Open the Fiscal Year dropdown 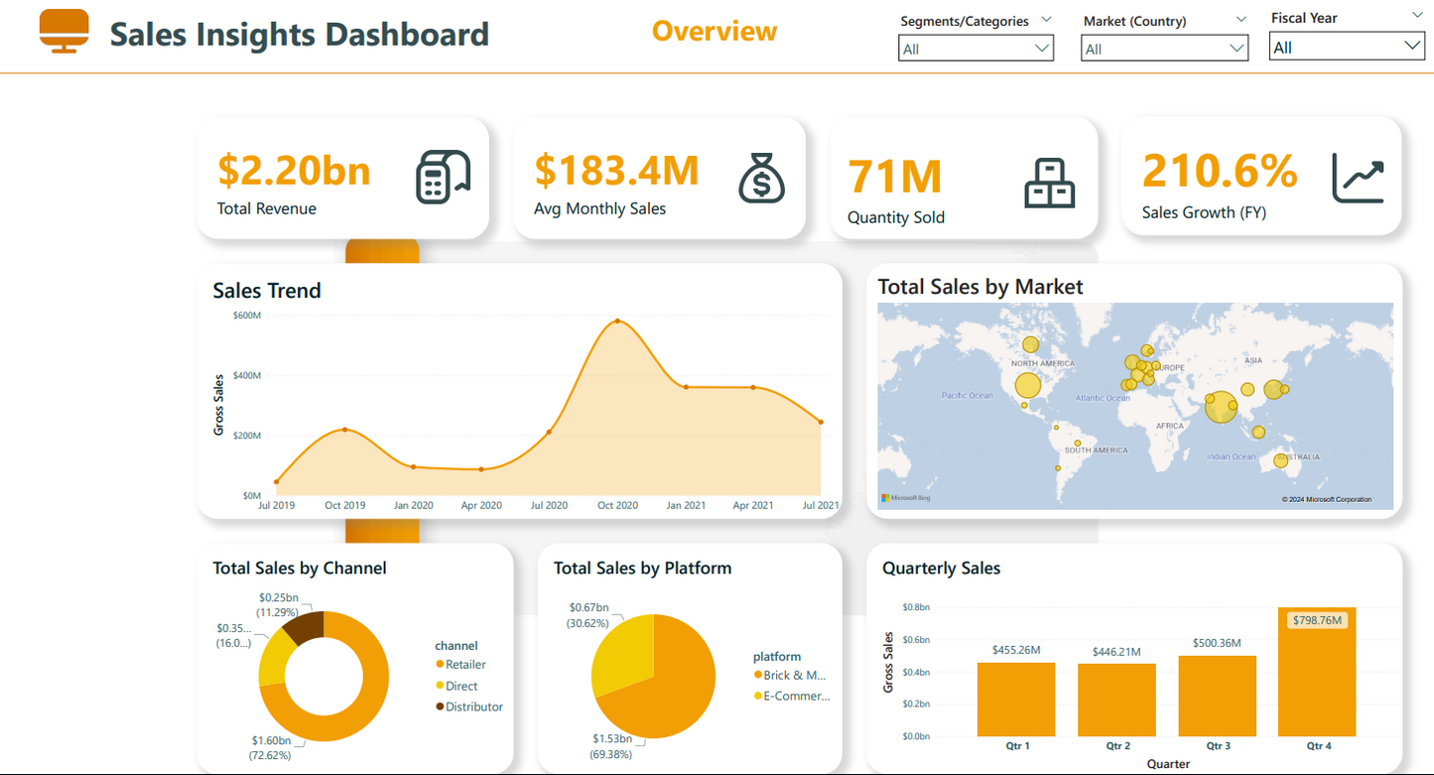1346,47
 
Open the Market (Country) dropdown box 1163,49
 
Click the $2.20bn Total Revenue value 294,171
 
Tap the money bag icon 761,179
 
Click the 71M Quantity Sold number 895,178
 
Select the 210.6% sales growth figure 1220,171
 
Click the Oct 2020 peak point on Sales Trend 617,322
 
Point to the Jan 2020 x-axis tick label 413,505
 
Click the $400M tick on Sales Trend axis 247,376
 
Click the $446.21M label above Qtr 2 1115,652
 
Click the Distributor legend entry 473,707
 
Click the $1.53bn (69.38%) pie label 612,745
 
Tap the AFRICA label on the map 1170,426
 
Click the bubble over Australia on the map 1280,460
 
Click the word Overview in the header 715,31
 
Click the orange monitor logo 65,31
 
